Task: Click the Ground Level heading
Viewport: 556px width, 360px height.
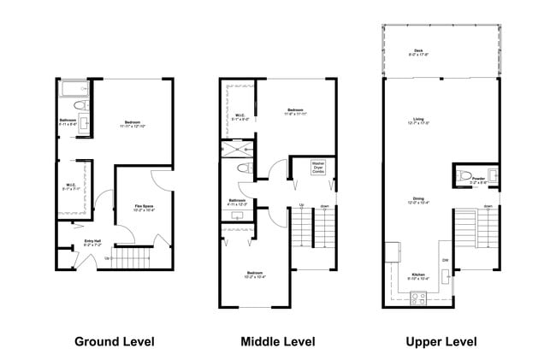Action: coord(115,341)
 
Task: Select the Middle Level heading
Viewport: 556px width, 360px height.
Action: coord(278,341)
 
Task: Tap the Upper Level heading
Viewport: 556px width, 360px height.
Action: coord(441,341)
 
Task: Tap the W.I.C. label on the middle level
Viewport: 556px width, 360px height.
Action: coord(240,117)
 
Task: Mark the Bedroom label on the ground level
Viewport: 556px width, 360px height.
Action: coord(132,123)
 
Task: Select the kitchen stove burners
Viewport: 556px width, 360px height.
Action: coord(420,298)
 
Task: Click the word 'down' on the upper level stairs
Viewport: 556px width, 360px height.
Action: coord(487,206)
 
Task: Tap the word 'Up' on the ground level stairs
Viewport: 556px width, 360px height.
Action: coord(106,257)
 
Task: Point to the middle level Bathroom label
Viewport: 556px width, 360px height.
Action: coord(237,203)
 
